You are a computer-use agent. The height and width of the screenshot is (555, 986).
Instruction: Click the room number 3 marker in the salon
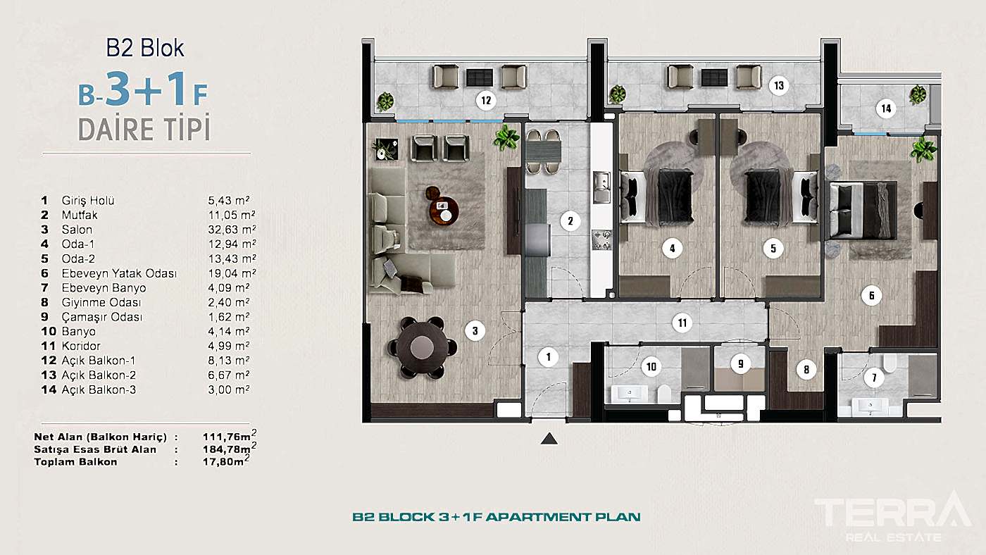click(475, 330)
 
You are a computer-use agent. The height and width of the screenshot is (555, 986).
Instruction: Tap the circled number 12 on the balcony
click(486, 100)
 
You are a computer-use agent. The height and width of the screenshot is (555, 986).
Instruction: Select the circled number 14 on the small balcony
click(886, 108)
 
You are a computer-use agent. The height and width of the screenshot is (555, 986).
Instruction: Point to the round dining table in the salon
click(422, 348)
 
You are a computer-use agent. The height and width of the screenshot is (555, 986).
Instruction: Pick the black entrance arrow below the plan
click(549, 438)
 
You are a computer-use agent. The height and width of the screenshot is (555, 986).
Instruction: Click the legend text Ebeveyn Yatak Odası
click(119, 273)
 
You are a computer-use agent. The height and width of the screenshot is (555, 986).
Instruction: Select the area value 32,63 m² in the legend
click(232, 230)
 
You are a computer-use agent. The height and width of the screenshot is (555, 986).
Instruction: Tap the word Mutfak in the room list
click(79, 215)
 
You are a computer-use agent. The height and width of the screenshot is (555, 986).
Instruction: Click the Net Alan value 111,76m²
click(230, 436)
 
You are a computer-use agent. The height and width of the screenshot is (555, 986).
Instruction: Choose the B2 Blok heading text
click(145, 48)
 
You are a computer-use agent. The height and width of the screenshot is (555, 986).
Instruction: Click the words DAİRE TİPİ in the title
click(144, 129)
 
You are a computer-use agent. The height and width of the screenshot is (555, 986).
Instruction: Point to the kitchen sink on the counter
click(601, 187)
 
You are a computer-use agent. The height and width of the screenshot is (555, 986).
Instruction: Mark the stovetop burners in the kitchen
click(601, 240)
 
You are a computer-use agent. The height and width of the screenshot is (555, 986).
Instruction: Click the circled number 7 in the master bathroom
click(874, 378)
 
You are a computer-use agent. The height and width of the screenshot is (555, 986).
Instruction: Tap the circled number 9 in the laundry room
click(740, 363)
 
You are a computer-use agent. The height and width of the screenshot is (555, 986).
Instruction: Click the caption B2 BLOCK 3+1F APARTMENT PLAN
click(496, 517)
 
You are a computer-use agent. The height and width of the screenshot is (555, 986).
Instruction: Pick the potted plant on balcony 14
click(918, 94)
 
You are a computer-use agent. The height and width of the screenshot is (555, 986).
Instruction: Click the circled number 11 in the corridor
click(682, 323)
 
